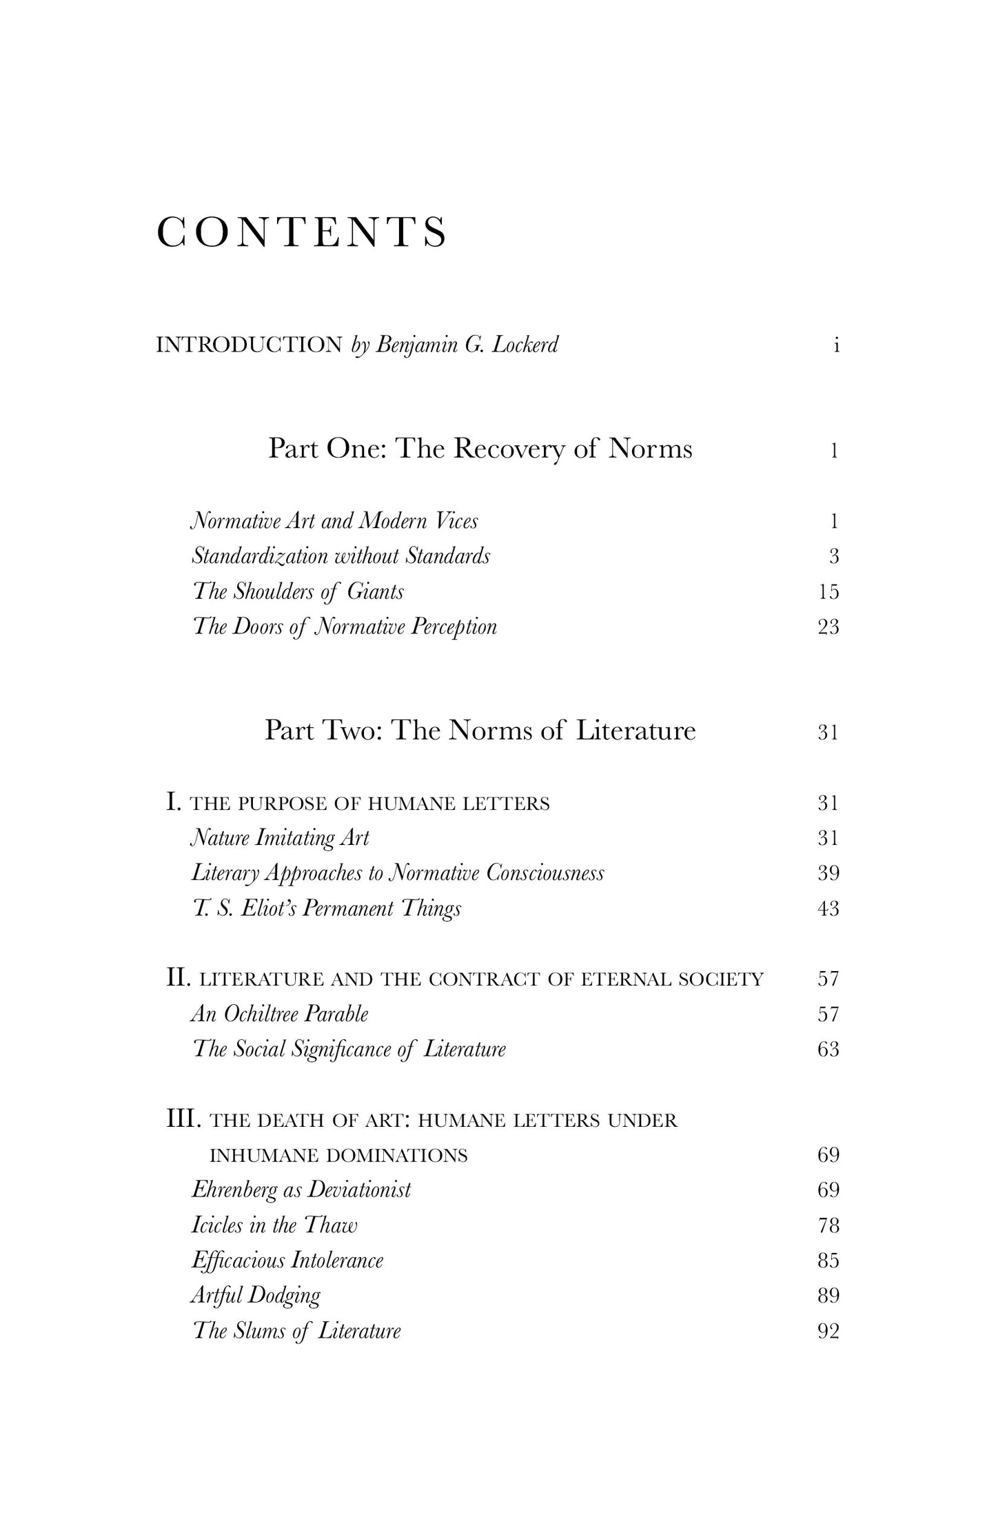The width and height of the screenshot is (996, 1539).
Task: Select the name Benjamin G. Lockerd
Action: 466,345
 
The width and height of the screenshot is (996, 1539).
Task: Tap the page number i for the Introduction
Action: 836,345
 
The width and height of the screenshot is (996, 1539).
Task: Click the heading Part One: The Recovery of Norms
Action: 480,449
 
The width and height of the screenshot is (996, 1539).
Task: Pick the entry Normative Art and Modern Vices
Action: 334,520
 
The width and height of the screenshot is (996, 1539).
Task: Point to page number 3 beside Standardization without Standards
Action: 834,556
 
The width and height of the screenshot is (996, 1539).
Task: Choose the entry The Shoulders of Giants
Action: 298,591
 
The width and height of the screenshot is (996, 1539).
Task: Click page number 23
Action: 829,626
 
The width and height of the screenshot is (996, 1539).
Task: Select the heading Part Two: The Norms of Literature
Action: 480,731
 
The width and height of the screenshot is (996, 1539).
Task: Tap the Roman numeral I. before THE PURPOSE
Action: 173,802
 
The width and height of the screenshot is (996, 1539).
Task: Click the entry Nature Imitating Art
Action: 280,838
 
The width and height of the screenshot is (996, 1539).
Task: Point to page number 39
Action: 829,873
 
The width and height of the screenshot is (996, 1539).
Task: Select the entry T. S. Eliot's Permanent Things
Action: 327,908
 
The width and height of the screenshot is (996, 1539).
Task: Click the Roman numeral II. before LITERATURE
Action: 178,978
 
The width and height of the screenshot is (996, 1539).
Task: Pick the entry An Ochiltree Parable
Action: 280,1014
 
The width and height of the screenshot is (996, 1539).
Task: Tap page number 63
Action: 829,1049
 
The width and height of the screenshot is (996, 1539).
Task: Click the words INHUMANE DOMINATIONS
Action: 338,1155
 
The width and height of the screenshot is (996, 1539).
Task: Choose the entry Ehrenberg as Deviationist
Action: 301,1190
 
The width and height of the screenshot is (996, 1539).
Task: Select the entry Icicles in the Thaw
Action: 274,1225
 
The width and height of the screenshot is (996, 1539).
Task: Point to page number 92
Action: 829,1331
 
